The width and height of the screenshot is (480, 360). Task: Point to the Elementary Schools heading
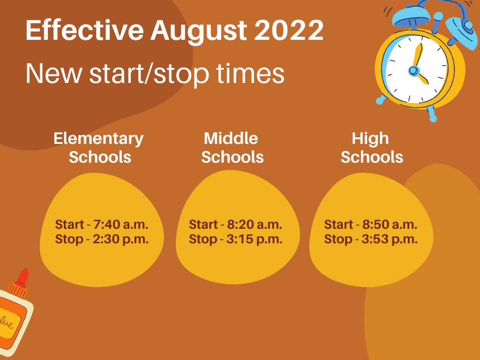pyautogui.click(x=99, y=147)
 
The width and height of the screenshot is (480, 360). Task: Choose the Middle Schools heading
pyautogui.click(x=232, y=147)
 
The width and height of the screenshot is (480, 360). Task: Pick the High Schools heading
pyautogui.click(x=371, y=147)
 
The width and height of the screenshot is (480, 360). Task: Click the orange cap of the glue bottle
pyautogui.click(x=21, y=278)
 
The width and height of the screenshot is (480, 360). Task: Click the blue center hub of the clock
pyautogui.click(x=413, y=71)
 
